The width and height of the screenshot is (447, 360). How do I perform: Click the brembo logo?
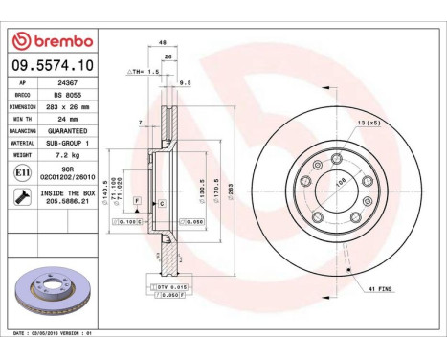(52, 40)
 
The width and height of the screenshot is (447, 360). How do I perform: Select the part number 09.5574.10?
(52, 66)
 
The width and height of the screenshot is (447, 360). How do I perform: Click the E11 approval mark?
(22, 171)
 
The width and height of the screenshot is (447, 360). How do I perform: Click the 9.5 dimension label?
(186, 82)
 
